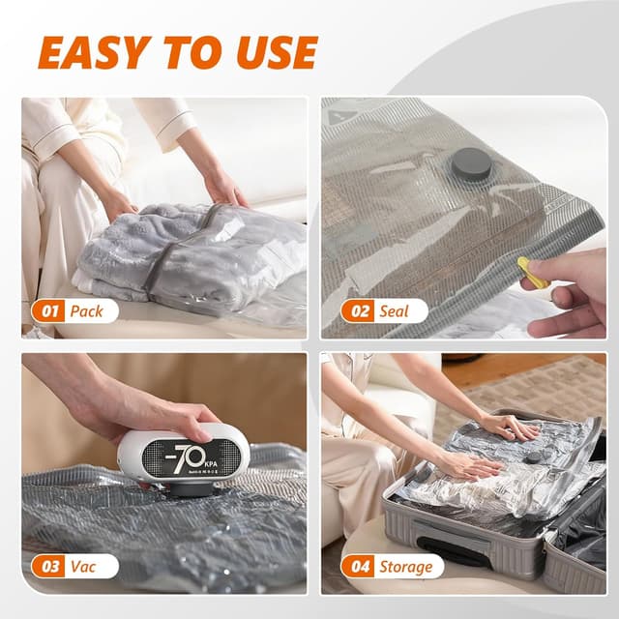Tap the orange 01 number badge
(x=47, y=310)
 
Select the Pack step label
(x=90, y=310)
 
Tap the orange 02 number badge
(x=357, y=310)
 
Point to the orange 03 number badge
(x=47, y=566)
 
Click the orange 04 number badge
(x=357, y=566)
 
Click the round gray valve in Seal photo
(x=471, y=165)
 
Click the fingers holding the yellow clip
(x=566, y=290)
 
